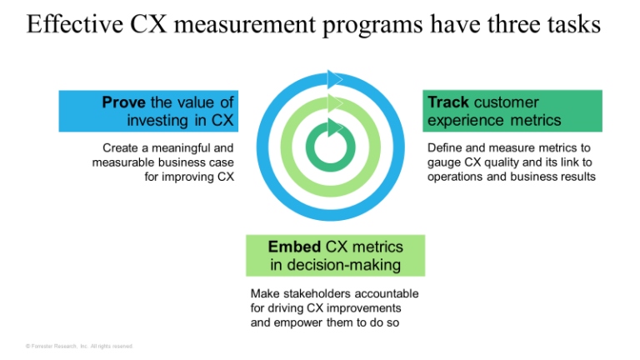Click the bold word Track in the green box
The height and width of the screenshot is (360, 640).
click(447, 102)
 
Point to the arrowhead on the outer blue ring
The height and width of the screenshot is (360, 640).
click(335, 79)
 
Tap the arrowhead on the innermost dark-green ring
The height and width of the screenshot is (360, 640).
click(334, 127)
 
